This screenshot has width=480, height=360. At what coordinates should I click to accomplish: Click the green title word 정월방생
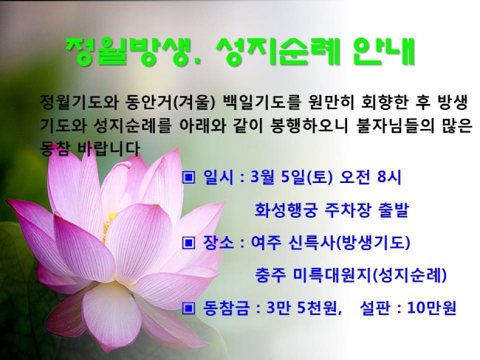tap(134, 52)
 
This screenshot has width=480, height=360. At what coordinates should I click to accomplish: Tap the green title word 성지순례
tap(278, 52)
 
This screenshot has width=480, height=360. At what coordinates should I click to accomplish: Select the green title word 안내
tap(384, 52)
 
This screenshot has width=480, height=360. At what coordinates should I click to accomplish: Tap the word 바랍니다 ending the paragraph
tap(109, 149)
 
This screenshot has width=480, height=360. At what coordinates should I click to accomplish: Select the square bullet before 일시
tap(188, 177)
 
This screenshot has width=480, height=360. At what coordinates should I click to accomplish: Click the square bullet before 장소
tap(188, 243)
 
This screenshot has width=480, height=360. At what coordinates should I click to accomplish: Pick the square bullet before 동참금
tap(188, 308)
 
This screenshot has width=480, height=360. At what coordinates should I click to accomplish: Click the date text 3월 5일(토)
tap(291, 177)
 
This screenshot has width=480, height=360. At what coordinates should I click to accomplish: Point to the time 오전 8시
tap(371, 177)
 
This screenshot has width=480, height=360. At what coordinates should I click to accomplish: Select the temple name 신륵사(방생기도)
tap(349, 243)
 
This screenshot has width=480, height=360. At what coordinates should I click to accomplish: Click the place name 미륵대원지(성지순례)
tap(370, 275)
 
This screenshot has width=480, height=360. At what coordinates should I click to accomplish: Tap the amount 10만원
tap(432, 308)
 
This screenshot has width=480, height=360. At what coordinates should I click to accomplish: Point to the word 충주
tap(270, 275)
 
